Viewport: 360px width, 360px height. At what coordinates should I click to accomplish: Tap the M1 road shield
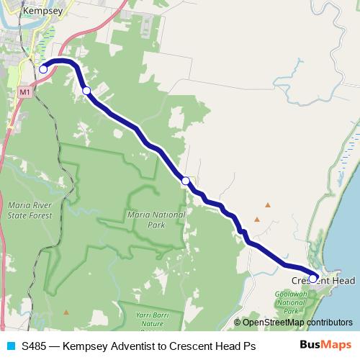[25, 92]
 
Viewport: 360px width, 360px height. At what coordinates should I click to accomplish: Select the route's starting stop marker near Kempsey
[43, 69]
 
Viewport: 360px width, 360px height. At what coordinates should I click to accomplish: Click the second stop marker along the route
[86, 91]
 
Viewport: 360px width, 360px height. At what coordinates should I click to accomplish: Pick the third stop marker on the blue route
[186, 181]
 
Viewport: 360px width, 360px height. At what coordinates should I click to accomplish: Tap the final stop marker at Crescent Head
[313, 277]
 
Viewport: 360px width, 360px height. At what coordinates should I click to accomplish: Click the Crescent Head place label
[325, 280]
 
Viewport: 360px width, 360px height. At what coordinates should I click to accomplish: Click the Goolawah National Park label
[293, 302]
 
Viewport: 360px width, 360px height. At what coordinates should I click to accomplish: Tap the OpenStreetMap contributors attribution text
[296, 322]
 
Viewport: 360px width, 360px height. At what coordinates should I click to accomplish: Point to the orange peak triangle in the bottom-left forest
[66, 312]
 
